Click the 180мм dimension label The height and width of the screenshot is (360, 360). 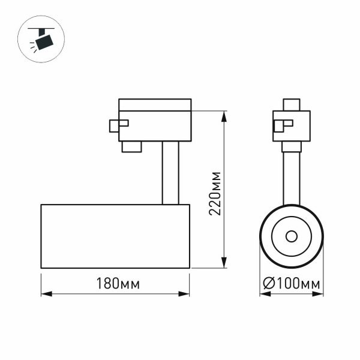[117, 284]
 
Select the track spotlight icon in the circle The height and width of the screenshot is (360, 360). [43, 40]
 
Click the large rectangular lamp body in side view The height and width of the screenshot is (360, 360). [115, 236]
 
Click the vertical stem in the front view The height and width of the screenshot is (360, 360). [292, 177]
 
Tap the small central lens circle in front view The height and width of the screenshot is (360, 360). [292, 236]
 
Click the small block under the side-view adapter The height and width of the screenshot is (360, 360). [131, 147]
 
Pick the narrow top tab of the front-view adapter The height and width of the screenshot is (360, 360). [292, 104]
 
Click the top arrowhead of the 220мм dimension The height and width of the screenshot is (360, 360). [224, 115]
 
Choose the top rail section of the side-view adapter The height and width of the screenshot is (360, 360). [155, 104]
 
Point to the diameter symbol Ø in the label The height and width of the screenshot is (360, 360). [269, 284]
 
